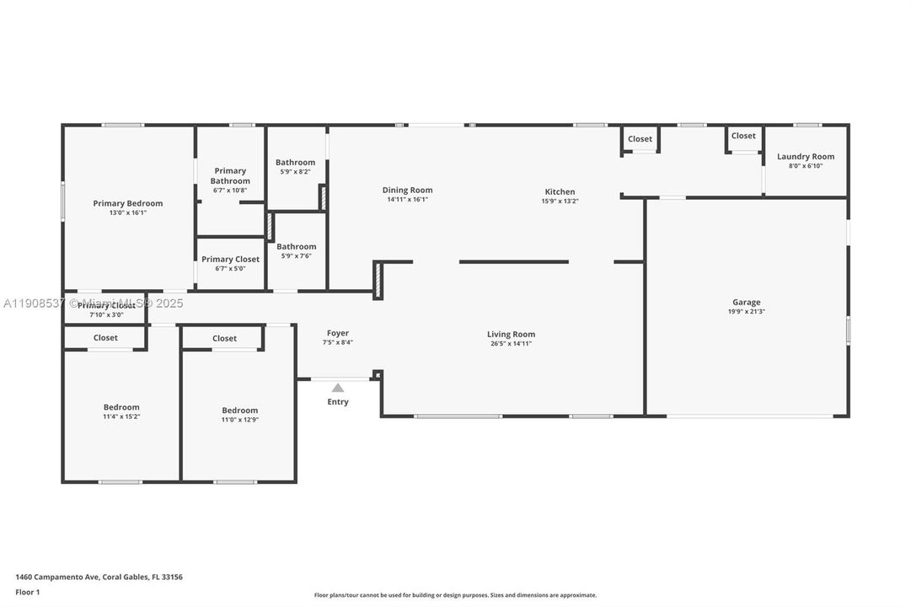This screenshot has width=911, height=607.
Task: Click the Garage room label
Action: [746, 302]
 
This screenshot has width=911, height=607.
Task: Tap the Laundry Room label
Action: [805, 157]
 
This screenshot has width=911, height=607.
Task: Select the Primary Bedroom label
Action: [128, 203]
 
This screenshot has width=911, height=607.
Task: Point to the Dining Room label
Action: [407, 191]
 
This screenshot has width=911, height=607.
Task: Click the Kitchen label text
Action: [560, 192]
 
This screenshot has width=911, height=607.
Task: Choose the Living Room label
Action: [511, 335]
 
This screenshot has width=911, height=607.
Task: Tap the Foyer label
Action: [337, 333]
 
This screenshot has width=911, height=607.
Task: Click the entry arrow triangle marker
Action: [338, 388]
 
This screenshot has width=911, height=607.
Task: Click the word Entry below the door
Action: [338, 402]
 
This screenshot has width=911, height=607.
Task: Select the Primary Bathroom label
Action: [230, 175]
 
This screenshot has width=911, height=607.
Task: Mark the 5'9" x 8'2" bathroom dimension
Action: [295, 171]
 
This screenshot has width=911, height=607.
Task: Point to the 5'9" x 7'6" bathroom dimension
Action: [296, 255]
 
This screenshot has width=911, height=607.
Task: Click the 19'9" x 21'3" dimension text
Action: [746, 311]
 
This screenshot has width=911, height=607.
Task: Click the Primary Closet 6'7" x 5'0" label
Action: [230, 260]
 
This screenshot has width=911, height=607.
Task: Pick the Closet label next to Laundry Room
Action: [743, 136]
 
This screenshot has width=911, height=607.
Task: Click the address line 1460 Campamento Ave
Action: [99, 577]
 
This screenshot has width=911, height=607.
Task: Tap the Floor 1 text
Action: [28, 592]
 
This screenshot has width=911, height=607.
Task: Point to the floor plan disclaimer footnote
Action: [455, 595]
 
